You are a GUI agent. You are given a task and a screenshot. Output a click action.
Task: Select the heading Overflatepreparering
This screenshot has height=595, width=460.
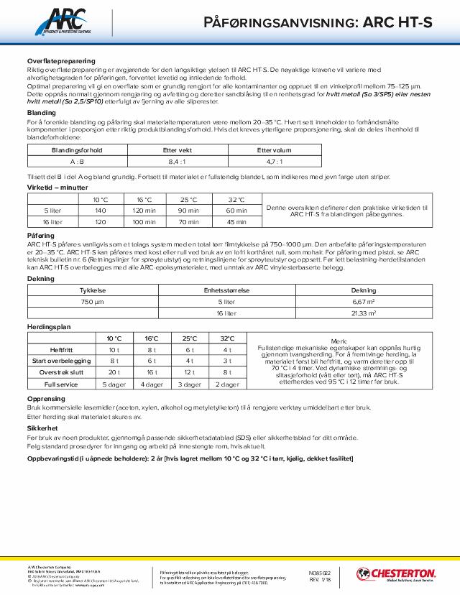(60, 61)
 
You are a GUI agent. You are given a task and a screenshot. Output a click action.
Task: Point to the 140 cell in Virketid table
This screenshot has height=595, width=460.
(100, 211)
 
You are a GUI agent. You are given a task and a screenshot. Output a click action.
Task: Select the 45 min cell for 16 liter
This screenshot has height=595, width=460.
(236, 223)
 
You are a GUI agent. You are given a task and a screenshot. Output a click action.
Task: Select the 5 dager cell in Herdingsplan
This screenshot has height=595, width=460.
(114, 384)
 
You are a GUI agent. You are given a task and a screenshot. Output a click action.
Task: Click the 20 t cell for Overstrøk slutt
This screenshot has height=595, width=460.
(114, 373)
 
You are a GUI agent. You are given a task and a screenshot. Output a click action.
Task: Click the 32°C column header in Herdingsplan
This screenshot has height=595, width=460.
(227, 338)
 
